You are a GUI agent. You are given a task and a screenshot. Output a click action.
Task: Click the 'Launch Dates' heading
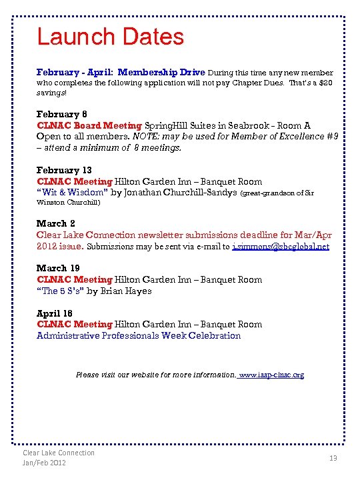[110, 37]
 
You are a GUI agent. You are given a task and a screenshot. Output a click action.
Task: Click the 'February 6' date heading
[61, 114]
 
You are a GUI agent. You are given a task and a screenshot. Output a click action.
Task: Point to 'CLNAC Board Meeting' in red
[89, 125]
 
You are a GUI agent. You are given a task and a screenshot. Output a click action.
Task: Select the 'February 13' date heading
[64, 170]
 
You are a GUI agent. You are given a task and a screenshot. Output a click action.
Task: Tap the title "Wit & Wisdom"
[72, 193]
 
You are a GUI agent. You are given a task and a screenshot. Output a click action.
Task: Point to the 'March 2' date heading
[56, 223]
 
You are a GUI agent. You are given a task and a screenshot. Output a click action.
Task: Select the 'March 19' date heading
[59, 268]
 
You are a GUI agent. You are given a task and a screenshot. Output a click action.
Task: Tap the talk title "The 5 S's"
[60, 291]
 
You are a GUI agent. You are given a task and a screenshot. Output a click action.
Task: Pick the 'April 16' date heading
[55, 313]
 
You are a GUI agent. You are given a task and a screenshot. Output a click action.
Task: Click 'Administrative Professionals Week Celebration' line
[139, 335]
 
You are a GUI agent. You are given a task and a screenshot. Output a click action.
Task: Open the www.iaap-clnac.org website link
[271, 375]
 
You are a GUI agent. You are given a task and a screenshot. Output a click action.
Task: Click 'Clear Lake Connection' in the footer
[59, 453]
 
